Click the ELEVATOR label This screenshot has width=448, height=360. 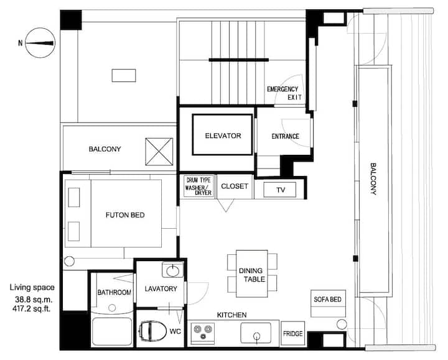click(223, 136)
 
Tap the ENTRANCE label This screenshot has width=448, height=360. click(285, 136)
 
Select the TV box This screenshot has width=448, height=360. click(280, 190)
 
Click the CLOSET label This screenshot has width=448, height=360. click(235, 186)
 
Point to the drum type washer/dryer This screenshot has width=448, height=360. click(199, 186)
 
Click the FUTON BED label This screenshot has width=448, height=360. click(125, 215)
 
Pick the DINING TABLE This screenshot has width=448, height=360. click(252, 274)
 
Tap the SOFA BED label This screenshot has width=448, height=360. click(327, 300)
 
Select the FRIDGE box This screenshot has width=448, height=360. click(293, 333)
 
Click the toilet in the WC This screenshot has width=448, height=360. click(152, 331)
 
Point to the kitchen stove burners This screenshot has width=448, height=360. click(203, 332)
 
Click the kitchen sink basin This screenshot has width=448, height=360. click(256, 333)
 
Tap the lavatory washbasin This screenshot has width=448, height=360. click(172, 270)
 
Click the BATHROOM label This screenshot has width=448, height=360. click(114, 292)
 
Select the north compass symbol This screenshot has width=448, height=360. click(40, 43)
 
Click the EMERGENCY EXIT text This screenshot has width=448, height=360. click(284, 93)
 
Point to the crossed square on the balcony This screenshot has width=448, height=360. click(159, 152)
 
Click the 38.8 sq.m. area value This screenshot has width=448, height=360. click(34, 300)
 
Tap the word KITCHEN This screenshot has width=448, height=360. click(231, 315)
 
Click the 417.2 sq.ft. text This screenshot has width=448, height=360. click(32, 308)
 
